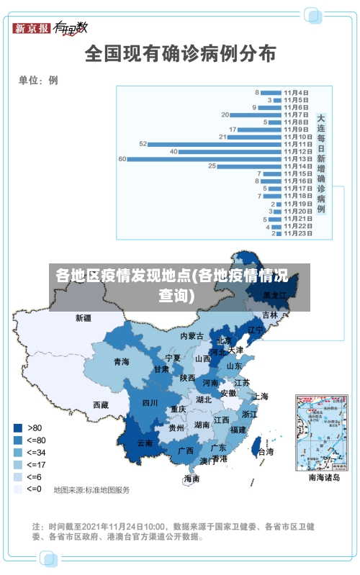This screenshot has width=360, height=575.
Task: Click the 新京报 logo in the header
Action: (32, 28)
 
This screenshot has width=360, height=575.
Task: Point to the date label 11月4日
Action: (297, 93)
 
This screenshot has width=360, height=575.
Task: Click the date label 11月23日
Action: (297, 233)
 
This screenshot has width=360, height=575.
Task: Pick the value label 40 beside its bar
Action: (174, 152)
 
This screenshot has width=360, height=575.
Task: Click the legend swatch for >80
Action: (18, 427)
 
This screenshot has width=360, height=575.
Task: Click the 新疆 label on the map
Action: (84, 317)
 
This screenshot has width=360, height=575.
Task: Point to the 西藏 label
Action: (101, 405)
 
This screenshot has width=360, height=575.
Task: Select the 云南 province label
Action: (145, 443)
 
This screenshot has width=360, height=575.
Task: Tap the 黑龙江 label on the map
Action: (274, 295)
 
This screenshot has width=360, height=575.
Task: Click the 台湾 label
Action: (266, 452)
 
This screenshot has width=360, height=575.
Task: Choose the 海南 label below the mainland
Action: (192, 479)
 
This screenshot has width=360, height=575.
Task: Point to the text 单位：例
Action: (38, 80)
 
